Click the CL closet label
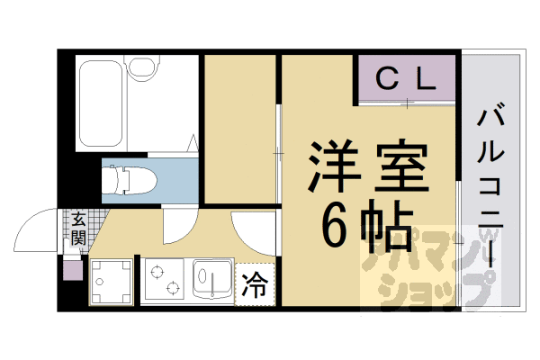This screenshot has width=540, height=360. (405, 79)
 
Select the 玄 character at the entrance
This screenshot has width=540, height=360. (78, 219)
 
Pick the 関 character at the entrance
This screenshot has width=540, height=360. (78, 238)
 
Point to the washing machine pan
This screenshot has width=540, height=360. (111, 283)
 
